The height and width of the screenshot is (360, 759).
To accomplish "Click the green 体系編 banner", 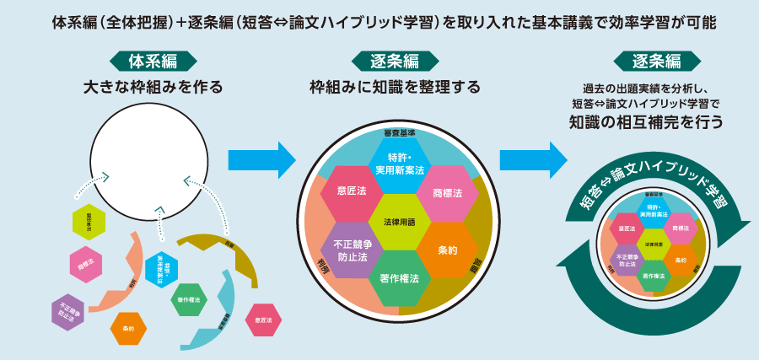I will click(x=153, y=62).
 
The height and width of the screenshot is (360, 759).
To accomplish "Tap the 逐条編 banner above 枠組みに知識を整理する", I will click(x=395, y=62).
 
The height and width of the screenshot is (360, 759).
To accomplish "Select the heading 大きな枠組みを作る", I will click(x=153, y=87).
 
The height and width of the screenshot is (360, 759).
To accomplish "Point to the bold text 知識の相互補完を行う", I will click(x=647, y=121).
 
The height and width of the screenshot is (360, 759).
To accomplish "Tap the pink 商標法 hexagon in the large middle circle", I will click(x=448, y=193).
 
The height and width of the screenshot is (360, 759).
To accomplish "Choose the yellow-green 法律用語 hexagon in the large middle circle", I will click(x=399, y=222).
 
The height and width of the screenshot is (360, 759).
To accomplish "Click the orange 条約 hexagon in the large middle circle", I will click(x=448, y=250).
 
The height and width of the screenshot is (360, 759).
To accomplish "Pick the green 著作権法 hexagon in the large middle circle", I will click(x=399, y=278).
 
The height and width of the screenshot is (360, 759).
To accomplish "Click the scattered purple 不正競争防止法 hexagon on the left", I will click(x=68, y=313).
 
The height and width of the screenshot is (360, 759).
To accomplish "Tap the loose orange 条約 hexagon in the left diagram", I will click(x=128, y=328).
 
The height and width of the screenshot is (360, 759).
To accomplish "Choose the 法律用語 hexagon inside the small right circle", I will click(x=653, y=244).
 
